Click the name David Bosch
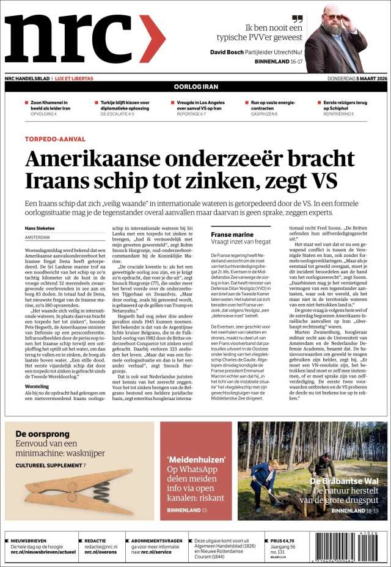pos(227,52)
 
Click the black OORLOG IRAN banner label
pos(195,87)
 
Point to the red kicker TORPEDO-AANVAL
pos(55,139)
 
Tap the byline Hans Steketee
pos(40,228)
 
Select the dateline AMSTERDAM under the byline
pos(38,237)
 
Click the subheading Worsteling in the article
pos(37,387)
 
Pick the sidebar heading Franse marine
pos(232,234)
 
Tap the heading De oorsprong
pos(38,434)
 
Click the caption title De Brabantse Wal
pos(345,481)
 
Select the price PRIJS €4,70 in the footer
pos(283,541)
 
